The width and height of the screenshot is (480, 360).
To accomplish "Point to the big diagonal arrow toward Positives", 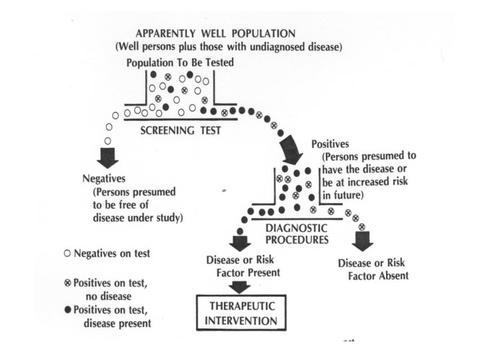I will pos(291,149).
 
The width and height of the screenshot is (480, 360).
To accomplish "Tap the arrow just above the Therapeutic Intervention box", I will pos(237,287).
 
